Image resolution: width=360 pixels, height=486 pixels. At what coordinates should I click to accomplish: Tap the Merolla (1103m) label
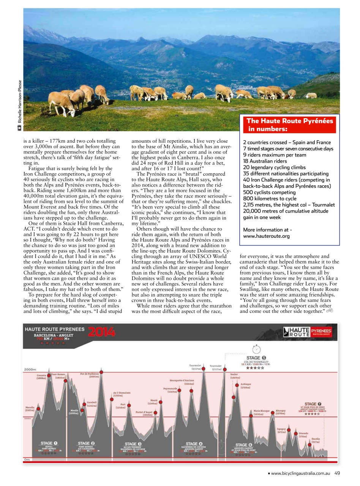30,409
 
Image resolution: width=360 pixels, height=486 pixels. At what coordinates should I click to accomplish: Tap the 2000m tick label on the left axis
30,369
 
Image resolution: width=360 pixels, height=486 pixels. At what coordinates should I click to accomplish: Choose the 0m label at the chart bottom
27,459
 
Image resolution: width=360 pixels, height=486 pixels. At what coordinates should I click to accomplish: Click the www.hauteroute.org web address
266,236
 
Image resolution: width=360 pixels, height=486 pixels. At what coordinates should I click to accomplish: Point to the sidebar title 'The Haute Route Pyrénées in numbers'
290,125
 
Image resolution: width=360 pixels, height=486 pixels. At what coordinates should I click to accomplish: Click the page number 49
338,473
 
